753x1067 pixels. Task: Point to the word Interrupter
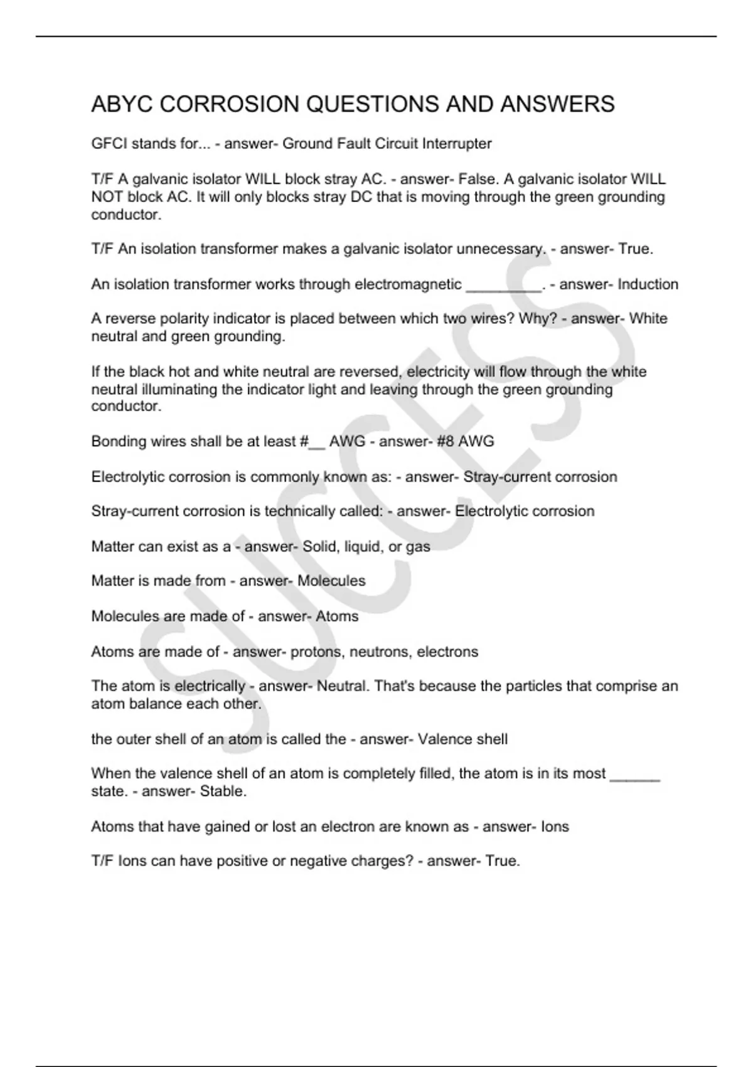tap(457, 144)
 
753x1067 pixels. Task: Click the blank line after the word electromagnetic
tap(503, 286)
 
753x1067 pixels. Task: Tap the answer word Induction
tap(648, 284)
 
